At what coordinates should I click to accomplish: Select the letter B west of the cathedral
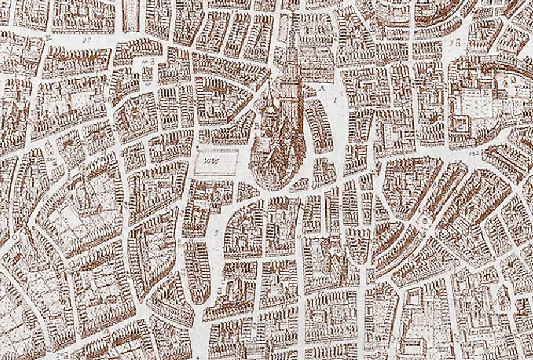coord(257,127)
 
